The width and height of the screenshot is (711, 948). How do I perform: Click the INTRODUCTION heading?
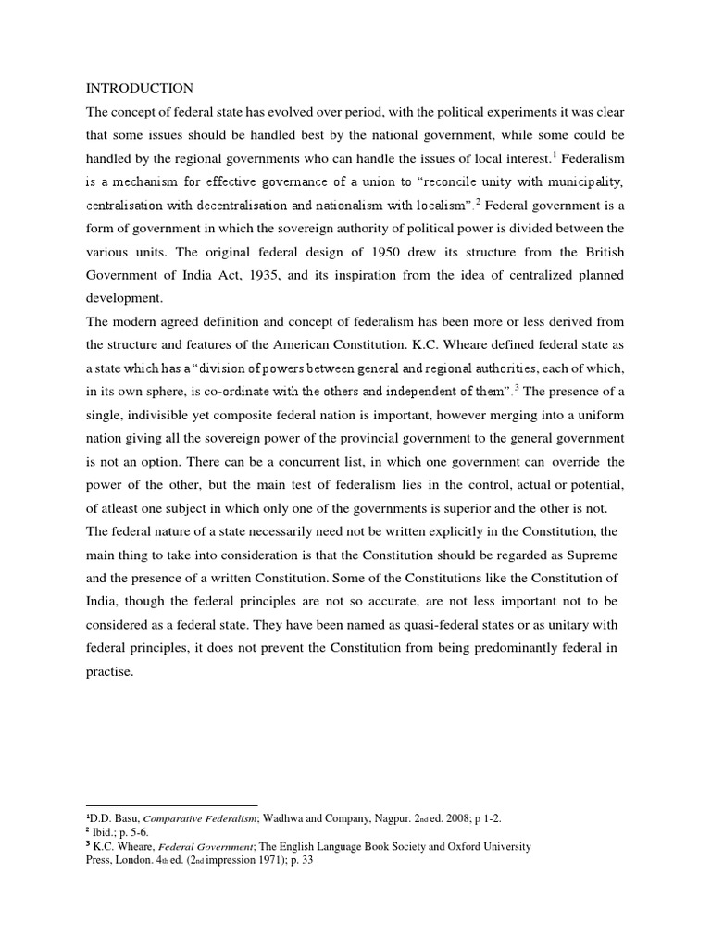click(x=140, y=88)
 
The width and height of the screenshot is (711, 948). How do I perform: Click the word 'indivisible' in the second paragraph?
click(x=170, y=416)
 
